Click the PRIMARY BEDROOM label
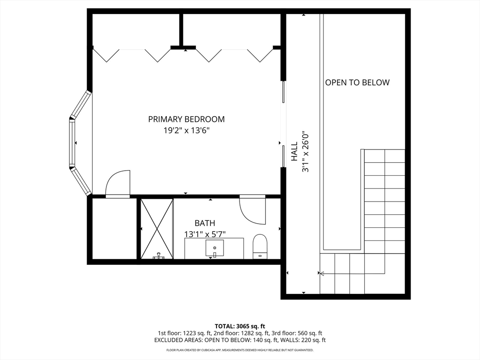[186, 119]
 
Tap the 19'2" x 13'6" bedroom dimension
[186, 131]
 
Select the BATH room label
[205, 223]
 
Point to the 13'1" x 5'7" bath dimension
[205, 234]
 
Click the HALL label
[294, 151]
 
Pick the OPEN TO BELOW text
[357, 82]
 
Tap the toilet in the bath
[260, 247]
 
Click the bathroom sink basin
[215, 247]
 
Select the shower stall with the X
[157, 229]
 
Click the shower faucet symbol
[158, 256]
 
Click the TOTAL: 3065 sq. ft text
[240, 326]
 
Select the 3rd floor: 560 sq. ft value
[297, 333]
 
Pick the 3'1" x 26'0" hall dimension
[306, 152]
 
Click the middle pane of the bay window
[72, 143]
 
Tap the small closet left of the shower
[114, 229]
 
